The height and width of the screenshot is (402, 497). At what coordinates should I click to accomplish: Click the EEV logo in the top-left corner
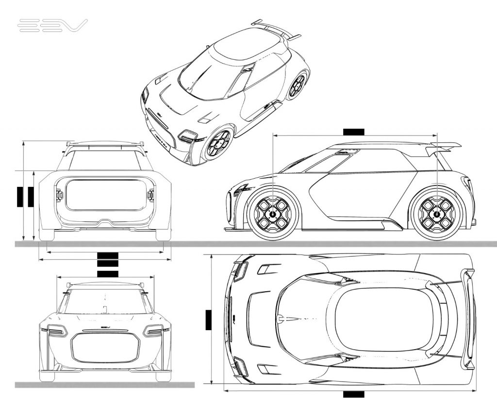point(52,26)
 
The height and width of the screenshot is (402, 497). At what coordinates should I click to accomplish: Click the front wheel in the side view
point(273,214)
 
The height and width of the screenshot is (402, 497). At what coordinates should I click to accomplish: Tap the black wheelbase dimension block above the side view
point(353,132)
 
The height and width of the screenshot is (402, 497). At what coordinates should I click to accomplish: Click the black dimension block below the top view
point(353,394)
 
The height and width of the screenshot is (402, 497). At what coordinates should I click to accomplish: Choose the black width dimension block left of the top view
point(209,320)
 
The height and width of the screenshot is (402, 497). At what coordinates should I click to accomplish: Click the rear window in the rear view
point(105,195)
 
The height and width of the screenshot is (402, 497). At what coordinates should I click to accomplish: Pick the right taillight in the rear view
point(150,195)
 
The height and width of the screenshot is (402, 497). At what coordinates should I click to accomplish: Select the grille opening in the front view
point(105,348)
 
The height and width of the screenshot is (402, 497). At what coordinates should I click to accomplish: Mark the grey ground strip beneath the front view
point(104,385)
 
